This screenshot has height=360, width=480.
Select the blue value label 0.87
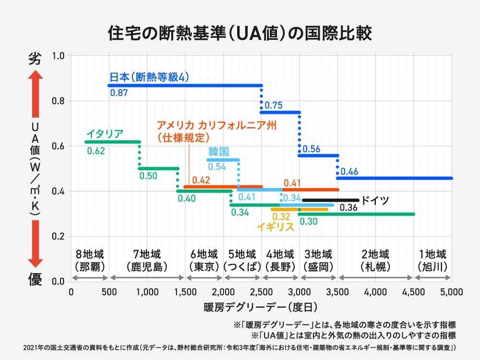tap(119, 93)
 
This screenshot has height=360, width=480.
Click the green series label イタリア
tap(105, 133)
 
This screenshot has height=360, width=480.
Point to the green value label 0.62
tap(96, 151)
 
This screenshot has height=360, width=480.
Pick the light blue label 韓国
tap(218, 152)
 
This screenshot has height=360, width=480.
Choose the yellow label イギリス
tap(276, 227)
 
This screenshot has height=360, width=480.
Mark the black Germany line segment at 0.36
tap(330, 200)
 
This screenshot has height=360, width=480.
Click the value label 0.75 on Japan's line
tap(273, 105)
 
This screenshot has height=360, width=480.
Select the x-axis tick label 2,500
tap(262, 291)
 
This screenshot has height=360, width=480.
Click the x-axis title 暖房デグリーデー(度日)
tap(261, 306)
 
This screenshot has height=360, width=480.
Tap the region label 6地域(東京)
tap(204, 260)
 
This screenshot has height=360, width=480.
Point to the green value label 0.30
tap(308, 221)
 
